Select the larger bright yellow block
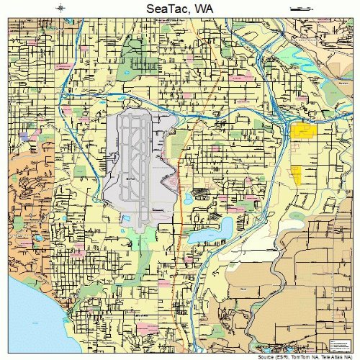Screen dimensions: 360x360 303,131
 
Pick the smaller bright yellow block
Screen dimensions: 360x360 296,174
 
